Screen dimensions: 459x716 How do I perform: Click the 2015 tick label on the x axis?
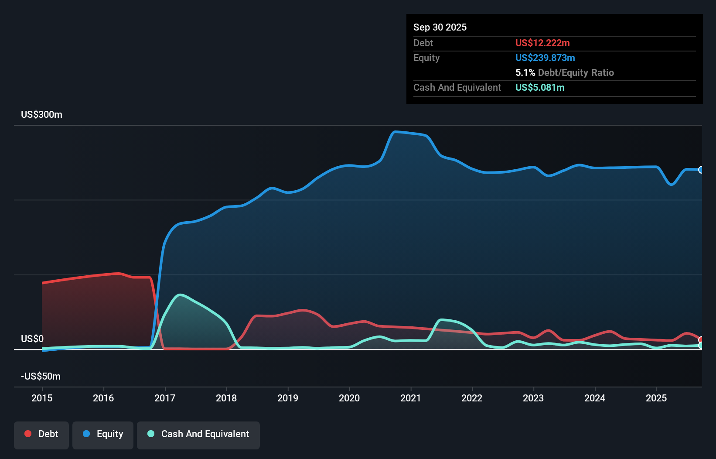(42, 398)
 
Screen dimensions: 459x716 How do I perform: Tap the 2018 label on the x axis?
(226, 398)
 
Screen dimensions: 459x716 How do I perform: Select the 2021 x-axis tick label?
(411, 398)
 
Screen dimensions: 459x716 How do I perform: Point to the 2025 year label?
(656, 398)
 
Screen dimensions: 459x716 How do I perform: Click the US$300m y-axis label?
(41, 115)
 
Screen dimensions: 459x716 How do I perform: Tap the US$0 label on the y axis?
(32, 339)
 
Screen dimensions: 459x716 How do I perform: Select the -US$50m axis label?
(41, 377)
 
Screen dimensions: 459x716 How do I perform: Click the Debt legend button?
(41, 434)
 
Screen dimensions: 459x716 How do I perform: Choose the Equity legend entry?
(103, 434)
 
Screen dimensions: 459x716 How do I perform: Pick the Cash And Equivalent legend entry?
(198, 434)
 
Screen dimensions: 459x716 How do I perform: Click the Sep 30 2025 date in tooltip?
(440, 27)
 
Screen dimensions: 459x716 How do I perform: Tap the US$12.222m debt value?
(542, 43)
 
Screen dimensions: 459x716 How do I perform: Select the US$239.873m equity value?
(545, 58)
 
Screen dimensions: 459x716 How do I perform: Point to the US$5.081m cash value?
(540, 88)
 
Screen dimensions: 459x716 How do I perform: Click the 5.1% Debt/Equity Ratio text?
(564, 73)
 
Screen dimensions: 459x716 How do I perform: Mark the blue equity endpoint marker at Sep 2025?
(701, 170)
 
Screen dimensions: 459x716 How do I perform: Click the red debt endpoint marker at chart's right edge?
(701, 340)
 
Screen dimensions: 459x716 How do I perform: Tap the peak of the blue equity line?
(395, 132)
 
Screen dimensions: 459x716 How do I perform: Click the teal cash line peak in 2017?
(180, 295)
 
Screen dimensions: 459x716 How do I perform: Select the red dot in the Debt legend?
(28, 434)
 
